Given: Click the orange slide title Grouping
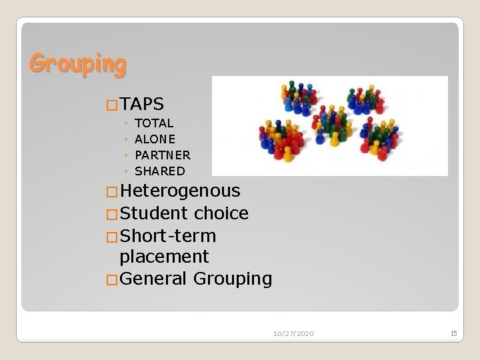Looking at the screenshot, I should pos(77,64).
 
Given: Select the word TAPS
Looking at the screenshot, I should pos(143,104).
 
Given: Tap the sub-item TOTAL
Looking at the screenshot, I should pos(154,123).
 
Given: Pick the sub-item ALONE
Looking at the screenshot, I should pos(155,139).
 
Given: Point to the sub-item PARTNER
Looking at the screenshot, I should pos(163,155).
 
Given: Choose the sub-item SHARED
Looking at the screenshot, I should pos(160,171).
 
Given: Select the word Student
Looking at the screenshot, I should pos(155,214).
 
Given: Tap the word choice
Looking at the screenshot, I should pos(221,214).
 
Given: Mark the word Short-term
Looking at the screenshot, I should pos(169,237).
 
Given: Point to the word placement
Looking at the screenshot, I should pos(164,257).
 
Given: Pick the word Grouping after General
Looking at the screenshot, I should pos(233,279).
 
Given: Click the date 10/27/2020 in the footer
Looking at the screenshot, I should pos(293,333).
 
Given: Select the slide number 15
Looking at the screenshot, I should pos(453,333).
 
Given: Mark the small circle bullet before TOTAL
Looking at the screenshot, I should pos(126,124).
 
